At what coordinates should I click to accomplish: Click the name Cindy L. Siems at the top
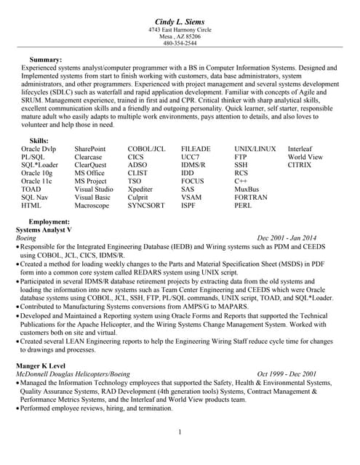(x=180, y=20)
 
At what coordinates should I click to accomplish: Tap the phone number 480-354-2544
(x=180, y=44)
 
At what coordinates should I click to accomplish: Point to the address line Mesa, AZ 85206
(x=180, y=36)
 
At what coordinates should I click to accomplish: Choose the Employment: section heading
(x=49, y=221)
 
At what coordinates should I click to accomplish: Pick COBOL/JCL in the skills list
(x=146, y=148)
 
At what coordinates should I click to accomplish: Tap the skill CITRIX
(x=300, y=165)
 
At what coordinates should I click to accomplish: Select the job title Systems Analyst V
(x=44, y=229)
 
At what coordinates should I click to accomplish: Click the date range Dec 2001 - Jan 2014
(x=287, y=238)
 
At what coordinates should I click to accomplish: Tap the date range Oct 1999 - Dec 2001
(x=287, y=373)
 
